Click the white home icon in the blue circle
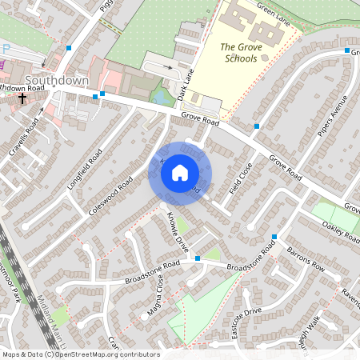(x=180, y=172)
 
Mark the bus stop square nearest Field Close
(x=256, y=126)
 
